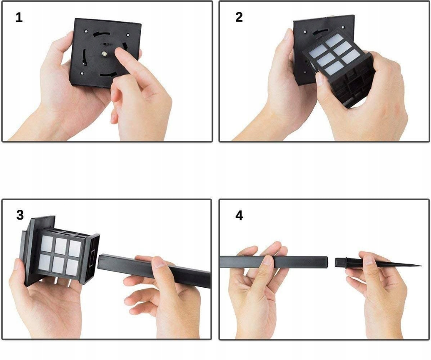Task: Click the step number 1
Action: click(19, 18)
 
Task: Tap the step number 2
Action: click(239, 17)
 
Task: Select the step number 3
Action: click(20, 215)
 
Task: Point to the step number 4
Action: click(239, 215)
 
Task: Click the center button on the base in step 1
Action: click(104, 54)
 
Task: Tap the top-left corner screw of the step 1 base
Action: click(86, 31)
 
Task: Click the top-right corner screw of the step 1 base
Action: click(128, 35)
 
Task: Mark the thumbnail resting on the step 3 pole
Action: click(159, 263)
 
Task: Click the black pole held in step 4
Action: click(274, 262)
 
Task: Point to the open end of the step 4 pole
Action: click(327, 262)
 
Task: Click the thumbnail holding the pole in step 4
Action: click(267, 260)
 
